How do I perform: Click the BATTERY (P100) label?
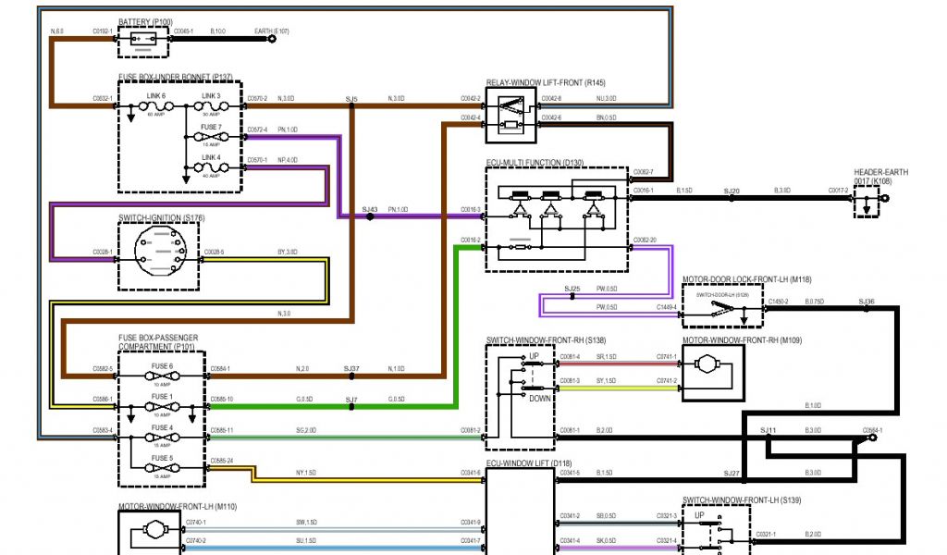tap(144, 21)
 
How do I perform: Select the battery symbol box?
tap(144, 40)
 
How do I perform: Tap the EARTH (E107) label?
tap(272, 31)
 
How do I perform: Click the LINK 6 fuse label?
tap(156, 95)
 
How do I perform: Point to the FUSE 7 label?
tap(212, 127)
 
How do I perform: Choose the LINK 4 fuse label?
tap(212, 156)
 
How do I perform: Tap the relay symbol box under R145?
tap(510, 115)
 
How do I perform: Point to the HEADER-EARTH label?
tap(880, 172)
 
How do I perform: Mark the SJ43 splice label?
tap(370, 210)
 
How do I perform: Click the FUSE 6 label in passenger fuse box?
tap(162, 366)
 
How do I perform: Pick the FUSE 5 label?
tap(162, 457)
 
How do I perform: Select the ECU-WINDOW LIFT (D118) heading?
tap(532, 462)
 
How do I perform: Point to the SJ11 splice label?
tap(768, 431)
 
